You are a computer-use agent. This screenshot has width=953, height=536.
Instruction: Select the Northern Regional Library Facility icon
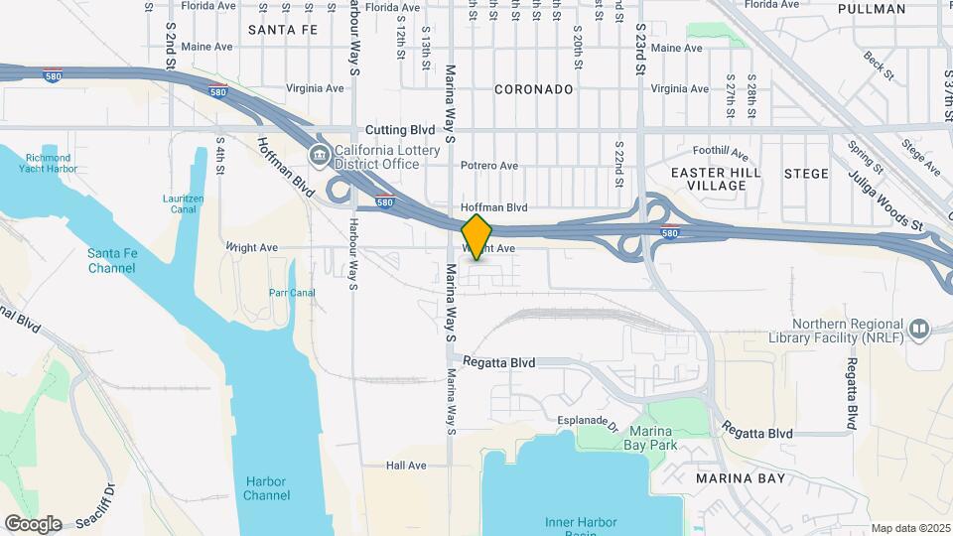[x=918, y=329]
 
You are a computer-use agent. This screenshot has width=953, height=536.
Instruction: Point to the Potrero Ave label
[x=488, y=166]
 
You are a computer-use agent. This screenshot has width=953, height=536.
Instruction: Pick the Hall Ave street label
[x=406, y=466]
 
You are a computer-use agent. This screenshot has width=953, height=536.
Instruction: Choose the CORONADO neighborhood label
[x=534, y=89]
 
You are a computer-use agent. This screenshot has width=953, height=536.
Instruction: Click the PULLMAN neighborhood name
[x=872, y=9]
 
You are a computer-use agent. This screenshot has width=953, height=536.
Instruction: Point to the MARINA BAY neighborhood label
[x=741, y=478]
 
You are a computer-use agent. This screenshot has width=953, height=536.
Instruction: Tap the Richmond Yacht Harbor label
[x=49, y=163]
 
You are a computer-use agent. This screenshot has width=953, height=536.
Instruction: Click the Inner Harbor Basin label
[x=581, y=526]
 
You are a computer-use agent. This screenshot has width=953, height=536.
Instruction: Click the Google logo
[x=33, y=524]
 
